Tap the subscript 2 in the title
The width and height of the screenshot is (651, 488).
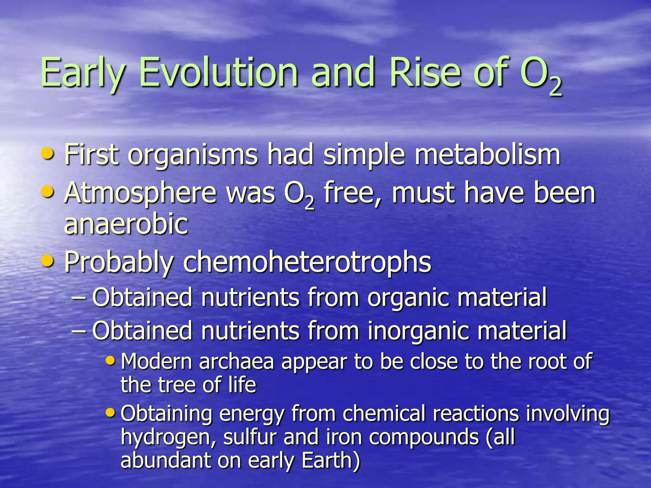pyautogui.click(x=556, y=88)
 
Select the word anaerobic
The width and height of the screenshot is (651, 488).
pyautogui.click(x=126, y=224)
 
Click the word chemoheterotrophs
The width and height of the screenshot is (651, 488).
pyautogui.click(x=307, y=262)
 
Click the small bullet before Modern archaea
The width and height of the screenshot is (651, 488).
pyautogui.click(x=110, y=360)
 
